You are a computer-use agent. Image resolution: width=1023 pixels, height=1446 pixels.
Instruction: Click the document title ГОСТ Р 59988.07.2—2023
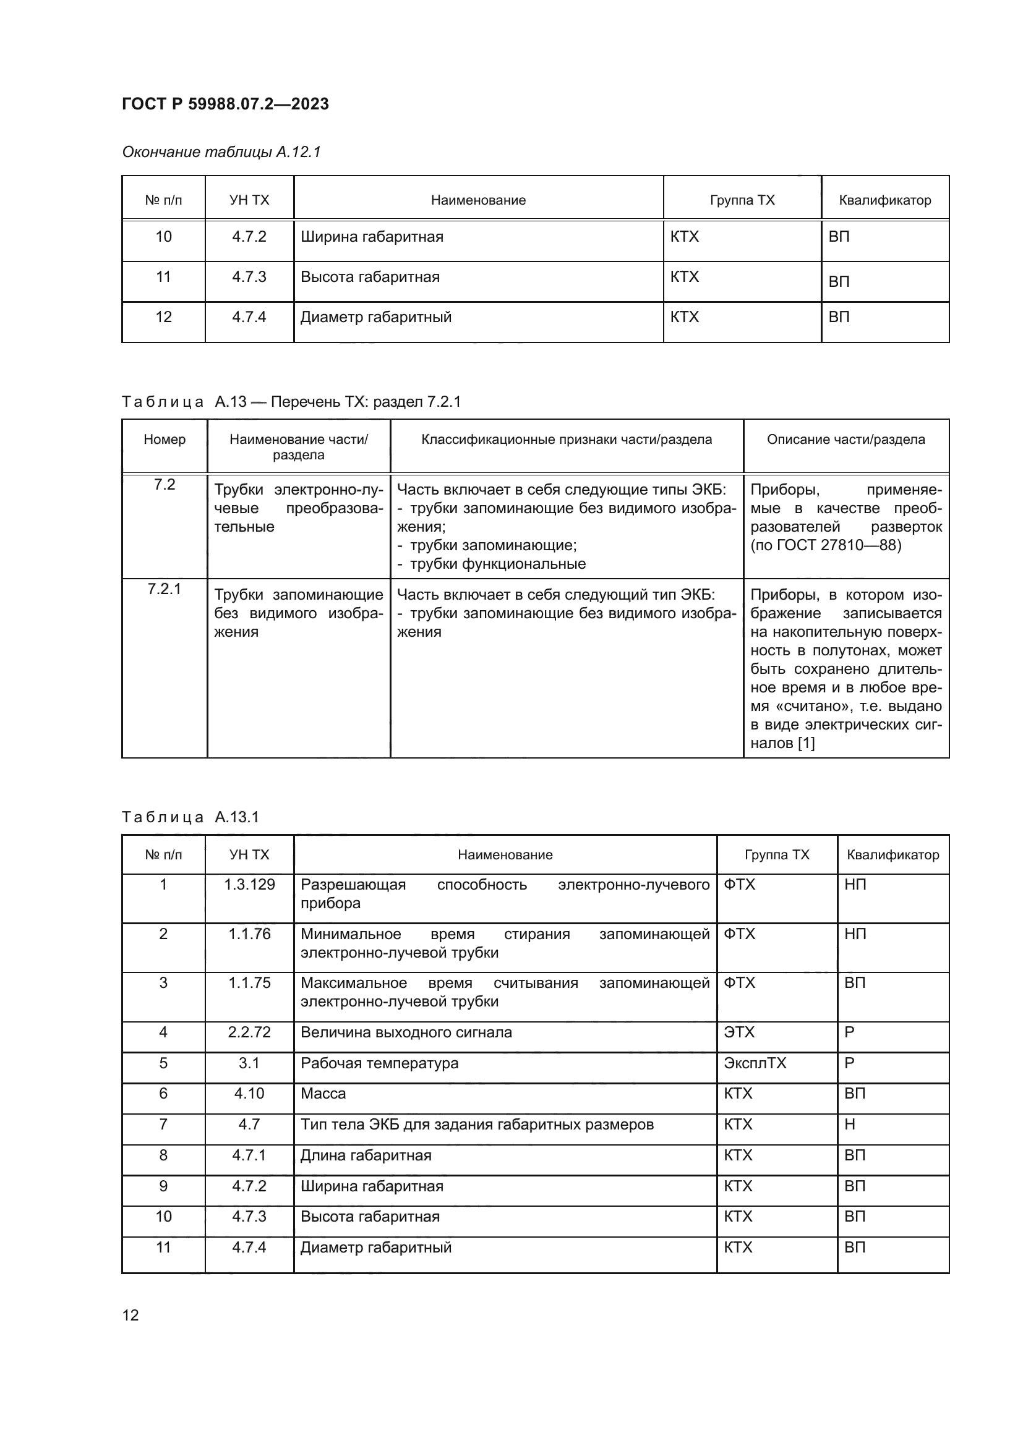[x=225, y=104]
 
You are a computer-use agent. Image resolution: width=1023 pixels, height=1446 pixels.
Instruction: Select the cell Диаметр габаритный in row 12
[x=375, y=317]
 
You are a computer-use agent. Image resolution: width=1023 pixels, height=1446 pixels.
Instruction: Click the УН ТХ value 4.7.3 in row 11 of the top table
[x=249, y=277]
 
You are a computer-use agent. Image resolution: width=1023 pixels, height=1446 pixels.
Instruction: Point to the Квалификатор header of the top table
[x=884, y=200]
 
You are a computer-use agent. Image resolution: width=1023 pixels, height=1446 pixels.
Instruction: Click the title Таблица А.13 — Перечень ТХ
[x=291, y=402]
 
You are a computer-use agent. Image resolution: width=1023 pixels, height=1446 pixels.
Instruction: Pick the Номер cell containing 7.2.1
[x=164, y=589]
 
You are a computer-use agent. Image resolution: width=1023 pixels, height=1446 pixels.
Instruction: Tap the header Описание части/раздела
[x=845, y=440]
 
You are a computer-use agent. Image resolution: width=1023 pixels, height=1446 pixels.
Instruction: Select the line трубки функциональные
[x=497, y=564]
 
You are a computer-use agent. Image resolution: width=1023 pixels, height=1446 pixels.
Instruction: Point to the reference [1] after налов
[x=807, y=743]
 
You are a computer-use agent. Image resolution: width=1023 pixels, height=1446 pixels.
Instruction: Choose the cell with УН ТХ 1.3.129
[x=249, y=884]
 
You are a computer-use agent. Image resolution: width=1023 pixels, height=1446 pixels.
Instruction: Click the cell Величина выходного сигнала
[x=406, y=1032]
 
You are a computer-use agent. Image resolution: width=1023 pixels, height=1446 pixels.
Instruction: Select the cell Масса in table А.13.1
[x=323, y=1094]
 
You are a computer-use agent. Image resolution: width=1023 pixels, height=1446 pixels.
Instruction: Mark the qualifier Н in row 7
[x=849, y=1124]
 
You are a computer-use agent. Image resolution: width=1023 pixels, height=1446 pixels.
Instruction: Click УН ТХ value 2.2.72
[x=249, y=1032]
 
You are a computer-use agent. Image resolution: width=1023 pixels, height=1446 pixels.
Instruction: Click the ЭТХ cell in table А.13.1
[x=738, y=1032]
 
